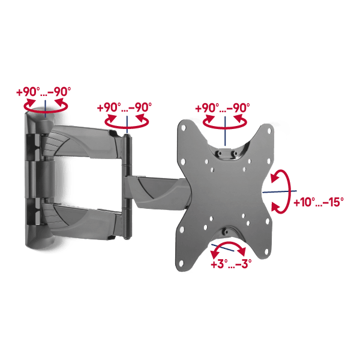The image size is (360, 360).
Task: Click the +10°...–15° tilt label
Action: pos(319,202)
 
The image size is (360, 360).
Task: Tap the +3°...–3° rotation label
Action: pos(231,264)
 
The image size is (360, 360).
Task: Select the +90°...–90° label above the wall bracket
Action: pos(44,92)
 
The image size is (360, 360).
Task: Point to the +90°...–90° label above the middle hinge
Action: pos(124,107)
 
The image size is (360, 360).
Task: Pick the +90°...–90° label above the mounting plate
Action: pos(223,107)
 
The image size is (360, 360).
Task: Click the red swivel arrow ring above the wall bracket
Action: pos(46,110)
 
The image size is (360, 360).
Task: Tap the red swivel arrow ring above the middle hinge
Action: pos(127,125)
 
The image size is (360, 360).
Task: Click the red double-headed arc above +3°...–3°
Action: pos(228,243)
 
